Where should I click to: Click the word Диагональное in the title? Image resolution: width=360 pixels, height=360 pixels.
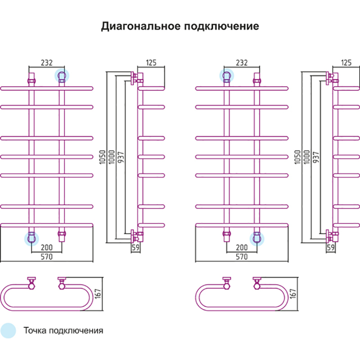(x=141, y=26)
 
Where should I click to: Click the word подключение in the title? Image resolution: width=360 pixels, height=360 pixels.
(x=221, y=26)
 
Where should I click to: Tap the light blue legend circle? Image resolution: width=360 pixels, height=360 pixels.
(x=8, y=331)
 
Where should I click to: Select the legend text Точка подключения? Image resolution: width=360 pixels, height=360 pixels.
(x=63, y=331)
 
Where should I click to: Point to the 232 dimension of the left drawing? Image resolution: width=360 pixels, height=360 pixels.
(x=46, y=63)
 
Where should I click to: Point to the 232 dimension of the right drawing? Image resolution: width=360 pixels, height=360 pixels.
(x=241, y=63)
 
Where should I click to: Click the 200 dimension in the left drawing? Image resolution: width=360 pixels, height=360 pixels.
(x=47, y=247)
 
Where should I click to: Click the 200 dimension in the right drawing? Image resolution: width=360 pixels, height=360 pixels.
(x=242, y=247)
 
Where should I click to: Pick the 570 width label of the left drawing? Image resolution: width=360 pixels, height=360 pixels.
(x=47, y=257)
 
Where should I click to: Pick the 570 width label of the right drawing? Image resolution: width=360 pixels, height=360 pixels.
(x=242, y=257)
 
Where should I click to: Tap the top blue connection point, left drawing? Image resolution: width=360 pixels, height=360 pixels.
(x=61, y=76)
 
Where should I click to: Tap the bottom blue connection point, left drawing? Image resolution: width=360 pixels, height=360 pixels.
(x=31, y=239)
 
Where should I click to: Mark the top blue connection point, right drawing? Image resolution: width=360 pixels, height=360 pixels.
(x=227, y=76)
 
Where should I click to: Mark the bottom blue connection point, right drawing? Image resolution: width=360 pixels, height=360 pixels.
(x=257, y=239)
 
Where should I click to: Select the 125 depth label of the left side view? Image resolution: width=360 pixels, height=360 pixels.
(x=151, y=63)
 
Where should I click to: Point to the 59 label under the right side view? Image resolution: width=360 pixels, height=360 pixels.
(x=331, y=247)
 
